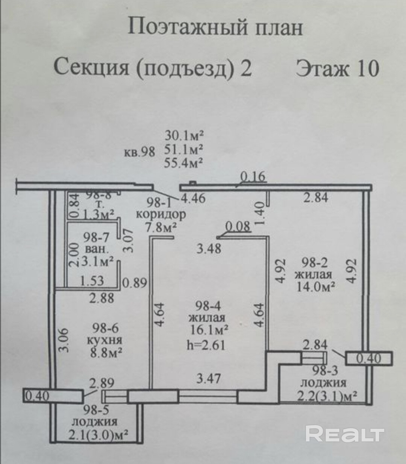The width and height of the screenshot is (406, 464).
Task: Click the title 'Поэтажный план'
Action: pyautogui.click(x=215, y=27)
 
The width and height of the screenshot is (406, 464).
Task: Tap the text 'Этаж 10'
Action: pyautogui.click(x=337, y=68)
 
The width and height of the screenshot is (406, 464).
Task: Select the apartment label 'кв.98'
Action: pyautogui.click(x=139, y=152)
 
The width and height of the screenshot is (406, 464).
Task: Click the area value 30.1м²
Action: pyautogui.click(x=184, y=135)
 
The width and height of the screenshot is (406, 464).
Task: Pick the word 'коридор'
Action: pyautogui.click(x=161, y=214)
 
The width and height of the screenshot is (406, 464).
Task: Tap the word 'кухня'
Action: pyautogui.click(x=104, y=340)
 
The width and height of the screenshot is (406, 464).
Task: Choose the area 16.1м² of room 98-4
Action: pyautogui.click(x=210, y=331)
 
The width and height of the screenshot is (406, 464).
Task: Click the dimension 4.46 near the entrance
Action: pyautogui.click(x=193, y=198)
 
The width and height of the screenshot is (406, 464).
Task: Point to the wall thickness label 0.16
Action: pyautogui.click(x=253, y=177)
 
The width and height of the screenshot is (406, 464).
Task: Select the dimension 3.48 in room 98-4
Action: pyautogui.click(x=210, y=249)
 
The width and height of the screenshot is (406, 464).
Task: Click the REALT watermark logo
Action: pyautogui.click(x=345, y=434)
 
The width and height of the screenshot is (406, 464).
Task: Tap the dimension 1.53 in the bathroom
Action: pyautogui.click(x=92, y=281)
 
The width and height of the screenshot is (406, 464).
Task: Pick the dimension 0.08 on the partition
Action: pyautogui.click(x=238, y=226)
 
